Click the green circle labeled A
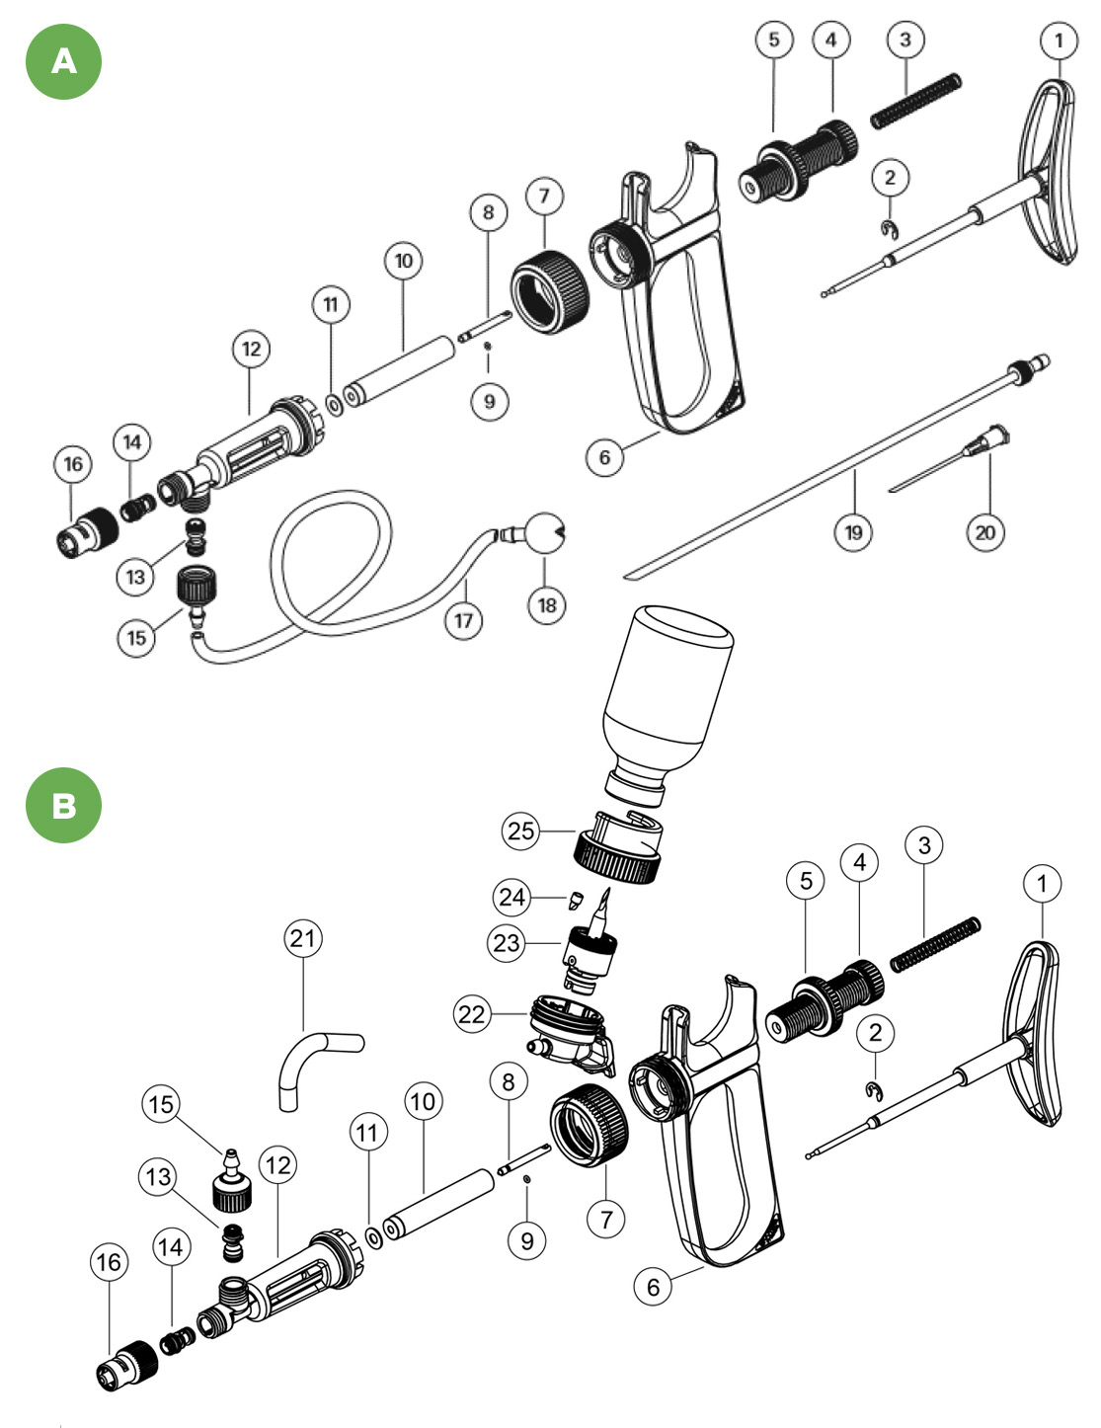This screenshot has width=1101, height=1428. [x=63, y=61]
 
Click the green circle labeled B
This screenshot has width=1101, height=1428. [x=63, y=805]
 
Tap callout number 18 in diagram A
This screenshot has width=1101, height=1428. [x=546, y=604]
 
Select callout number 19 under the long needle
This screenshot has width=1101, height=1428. [x=853, y=532]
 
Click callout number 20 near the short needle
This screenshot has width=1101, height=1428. [x=984, y=532]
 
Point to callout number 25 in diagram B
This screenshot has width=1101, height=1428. [x=521, y=831]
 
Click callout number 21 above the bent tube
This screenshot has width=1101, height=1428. [x=303, y=937]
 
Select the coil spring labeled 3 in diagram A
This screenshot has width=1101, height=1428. [x=915, y=101]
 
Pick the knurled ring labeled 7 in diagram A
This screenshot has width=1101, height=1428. [x=549, y=285]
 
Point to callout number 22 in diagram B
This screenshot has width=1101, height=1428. [x=472, y=1014]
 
